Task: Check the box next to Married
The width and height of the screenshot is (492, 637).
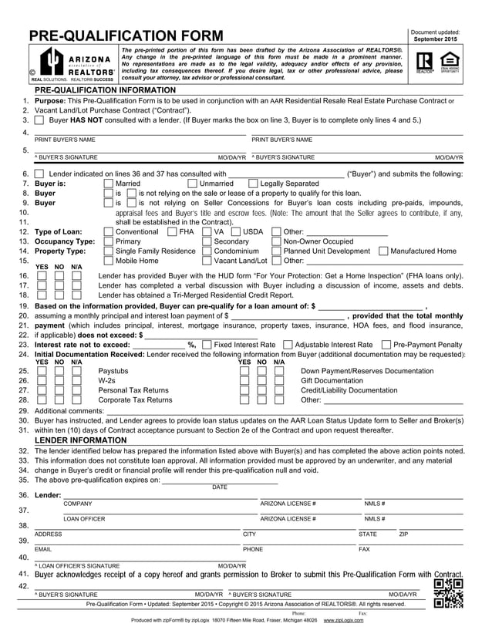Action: (x=108, y=184)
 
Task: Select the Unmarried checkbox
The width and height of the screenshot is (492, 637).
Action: (x=193, y=184)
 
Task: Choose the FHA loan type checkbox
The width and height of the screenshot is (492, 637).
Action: (x=172, y=231)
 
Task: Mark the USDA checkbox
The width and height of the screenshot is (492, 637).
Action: (x=236, y=231)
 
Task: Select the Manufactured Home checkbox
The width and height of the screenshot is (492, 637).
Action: (x=383, y=251)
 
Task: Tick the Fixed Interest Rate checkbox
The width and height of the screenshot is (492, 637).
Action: (x=207, y=345)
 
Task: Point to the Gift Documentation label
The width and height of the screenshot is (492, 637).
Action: (x=331, y=380)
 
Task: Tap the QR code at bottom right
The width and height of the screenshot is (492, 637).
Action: (x=448, y=593)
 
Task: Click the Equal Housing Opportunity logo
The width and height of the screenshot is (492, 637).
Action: (x=449, y=62)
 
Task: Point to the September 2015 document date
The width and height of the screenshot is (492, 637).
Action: (x=435, y=39)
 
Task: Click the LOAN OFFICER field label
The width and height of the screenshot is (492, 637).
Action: (x=84, y=519)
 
